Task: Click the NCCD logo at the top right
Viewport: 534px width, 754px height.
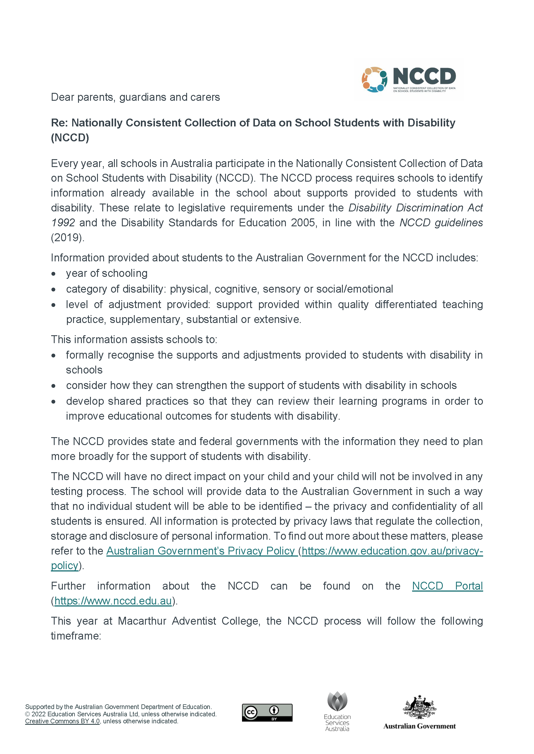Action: point(409,79)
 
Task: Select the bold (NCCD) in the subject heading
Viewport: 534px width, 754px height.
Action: point(70,138)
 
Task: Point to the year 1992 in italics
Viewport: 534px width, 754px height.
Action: point(63,223)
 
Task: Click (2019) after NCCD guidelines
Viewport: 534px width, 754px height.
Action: point(67,237)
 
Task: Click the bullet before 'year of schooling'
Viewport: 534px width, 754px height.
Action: point(53,274)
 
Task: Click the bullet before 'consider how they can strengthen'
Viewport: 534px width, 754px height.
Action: point(53,386)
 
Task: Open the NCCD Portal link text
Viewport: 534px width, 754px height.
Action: point(447,586)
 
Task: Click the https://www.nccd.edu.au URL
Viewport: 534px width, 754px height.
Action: point(113,601)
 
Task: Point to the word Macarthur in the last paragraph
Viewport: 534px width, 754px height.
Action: point(142,621)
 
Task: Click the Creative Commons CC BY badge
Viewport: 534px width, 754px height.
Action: point(267,713)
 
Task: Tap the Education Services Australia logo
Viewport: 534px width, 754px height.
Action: point(337,711)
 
